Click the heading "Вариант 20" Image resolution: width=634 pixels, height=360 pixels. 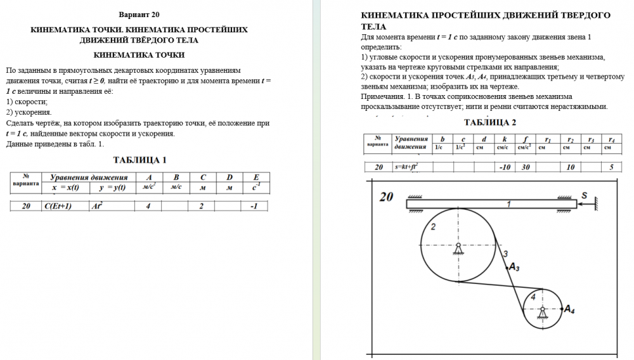[x=139, y=14]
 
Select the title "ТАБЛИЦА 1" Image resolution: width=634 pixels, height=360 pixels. [x=139, y=160]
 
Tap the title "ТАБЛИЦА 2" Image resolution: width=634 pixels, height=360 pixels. [x=490, y=122]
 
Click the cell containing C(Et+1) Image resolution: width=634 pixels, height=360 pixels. [x=56, y=206]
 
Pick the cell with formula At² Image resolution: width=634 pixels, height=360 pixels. [x=96, y=206]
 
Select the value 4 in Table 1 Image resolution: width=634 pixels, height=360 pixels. [x=148, y=206]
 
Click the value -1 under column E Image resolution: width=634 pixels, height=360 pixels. [x=254, y=206]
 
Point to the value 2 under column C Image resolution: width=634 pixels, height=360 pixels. [x=201, y=206]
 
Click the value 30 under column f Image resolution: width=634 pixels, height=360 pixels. [x=526, y=167]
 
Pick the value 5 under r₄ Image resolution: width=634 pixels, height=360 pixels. [x=611, y=167]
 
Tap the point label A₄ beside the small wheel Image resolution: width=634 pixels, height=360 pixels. [x=569, y=309]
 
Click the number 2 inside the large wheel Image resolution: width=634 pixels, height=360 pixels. [x=433, y=226]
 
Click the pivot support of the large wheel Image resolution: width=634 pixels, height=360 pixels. [x=457, y=250]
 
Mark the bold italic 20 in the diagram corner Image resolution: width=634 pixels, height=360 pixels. [x=387, y=197]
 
